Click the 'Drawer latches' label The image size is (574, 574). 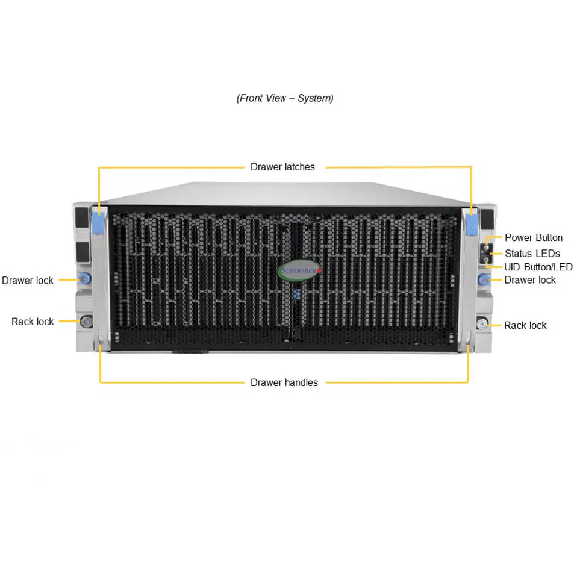point(282,167)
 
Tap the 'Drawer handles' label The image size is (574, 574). point(284,382)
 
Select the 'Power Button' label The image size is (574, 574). point(534,237)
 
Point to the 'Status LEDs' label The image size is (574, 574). point(532,254)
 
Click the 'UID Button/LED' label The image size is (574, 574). point(538,267)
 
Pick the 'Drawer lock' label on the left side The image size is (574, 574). point(28,281)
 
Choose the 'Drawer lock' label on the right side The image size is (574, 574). point(529,280)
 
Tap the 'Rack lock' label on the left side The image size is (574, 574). point(33,322)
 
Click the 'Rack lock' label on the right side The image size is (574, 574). point(525,325)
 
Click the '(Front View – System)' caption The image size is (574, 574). point(285,98)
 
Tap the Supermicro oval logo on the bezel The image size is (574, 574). point(299,270)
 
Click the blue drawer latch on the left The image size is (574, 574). point(98,223)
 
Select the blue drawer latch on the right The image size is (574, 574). point(472,225)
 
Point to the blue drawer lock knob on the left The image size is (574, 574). point(84,279)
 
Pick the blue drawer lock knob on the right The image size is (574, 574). point(484,280)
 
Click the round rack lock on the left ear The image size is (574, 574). point(87,322)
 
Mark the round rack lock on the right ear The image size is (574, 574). point(482,324)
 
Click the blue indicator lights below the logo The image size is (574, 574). point(298,295)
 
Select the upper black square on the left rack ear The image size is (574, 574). point(82,218)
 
